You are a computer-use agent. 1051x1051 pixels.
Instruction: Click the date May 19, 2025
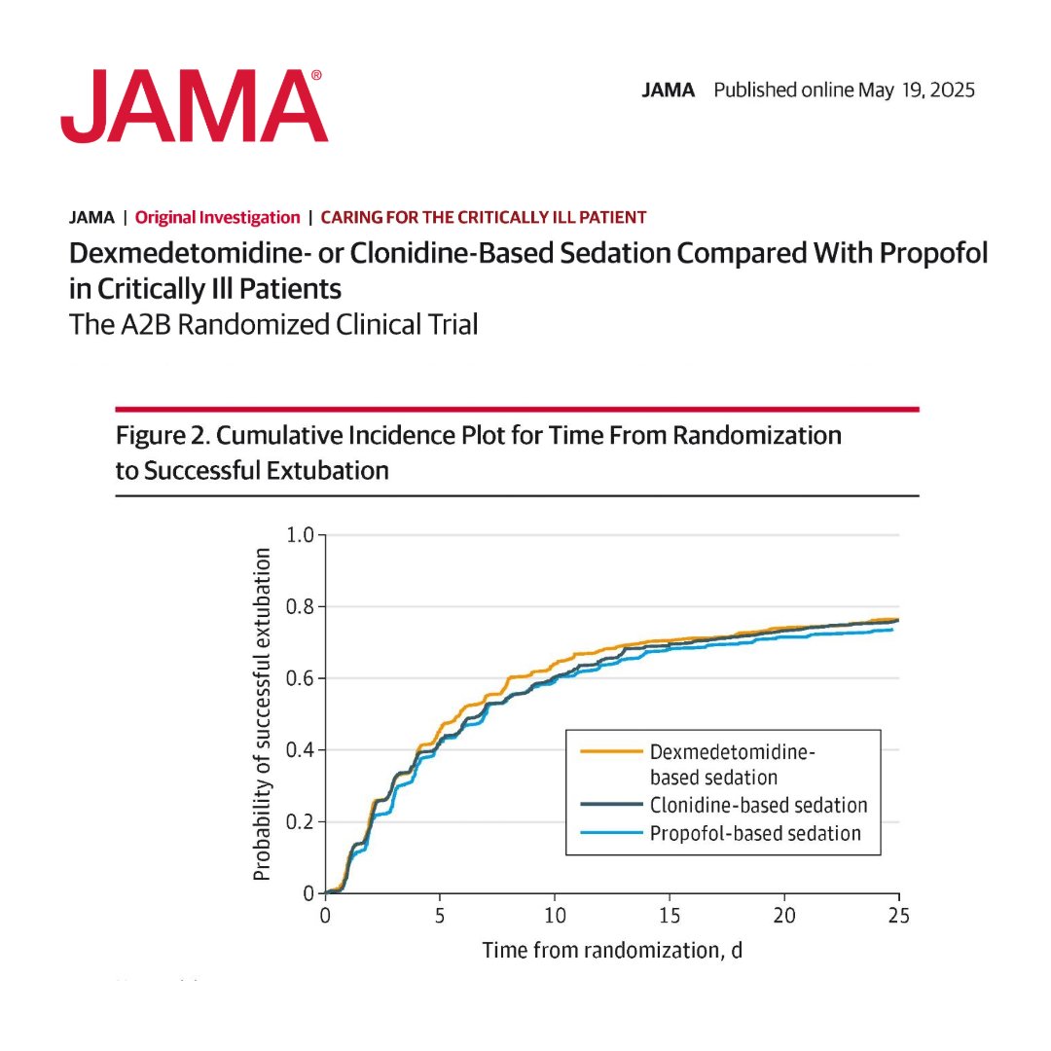(916, 91)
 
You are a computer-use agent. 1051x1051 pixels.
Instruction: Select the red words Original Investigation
(217, 218)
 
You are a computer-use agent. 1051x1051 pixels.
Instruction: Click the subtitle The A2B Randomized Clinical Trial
(273, 324)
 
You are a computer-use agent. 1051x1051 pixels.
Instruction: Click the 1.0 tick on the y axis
(302, 535)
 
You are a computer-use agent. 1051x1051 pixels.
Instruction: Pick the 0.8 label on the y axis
(302, 607)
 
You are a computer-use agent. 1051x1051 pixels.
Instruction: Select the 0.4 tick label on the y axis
(302, 750)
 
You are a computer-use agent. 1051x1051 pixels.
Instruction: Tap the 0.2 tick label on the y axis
(302, 822)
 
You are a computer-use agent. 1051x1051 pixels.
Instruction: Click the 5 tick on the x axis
(440, 915)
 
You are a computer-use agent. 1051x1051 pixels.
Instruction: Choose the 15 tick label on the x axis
(670, 915)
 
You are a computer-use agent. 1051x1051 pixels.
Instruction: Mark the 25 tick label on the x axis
(898, 915)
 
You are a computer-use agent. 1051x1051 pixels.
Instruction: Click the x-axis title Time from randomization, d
(612, 950)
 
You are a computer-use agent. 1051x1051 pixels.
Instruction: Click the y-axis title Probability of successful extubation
(261, 714)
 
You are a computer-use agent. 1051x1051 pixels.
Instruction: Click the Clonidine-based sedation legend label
(758, 806)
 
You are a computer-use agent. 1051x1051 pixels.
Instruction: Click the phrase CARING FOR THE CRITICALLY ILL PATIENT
(483, 218)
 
